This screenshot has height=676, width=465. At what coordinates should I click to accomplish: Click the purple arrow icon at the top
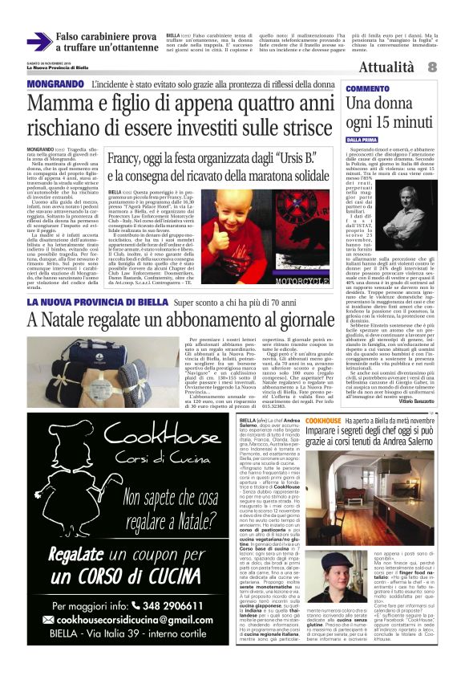(39, 42)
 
